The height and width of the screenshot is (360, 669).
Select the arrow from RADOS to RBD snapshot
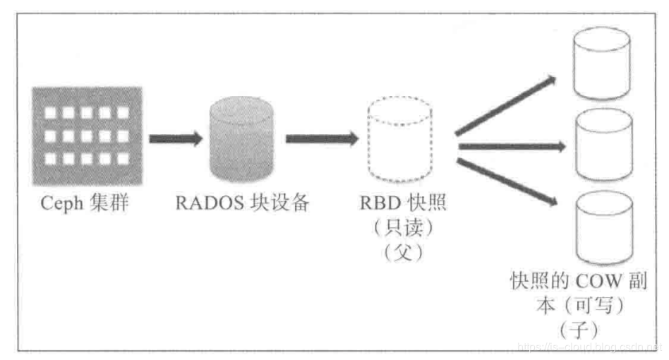click(x=322, y=138)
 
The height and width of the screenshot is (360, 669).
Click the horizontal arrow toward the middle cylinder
click(x=512, y=146)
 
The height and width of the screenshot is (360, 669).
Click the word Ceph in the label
click(x=59, y=204)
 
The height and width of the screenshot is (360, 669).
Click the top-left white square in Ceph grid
click(x=50, y=112)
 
